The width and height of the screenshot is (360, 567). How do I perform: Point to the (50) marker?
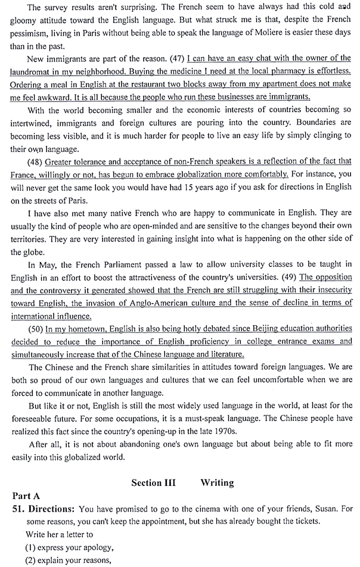click(x=34, y=328)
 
